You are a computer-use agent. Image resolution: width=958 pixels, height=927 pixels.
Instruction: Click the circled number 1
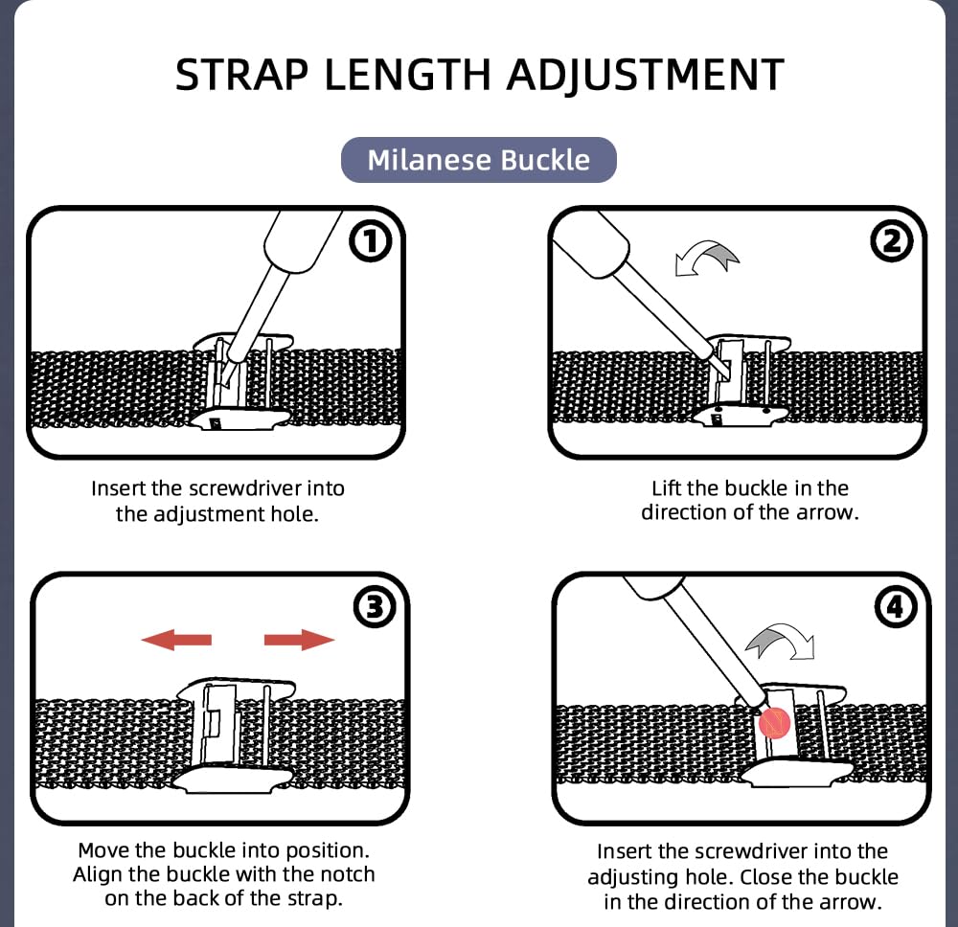pyautogui.click(x=371, y=243)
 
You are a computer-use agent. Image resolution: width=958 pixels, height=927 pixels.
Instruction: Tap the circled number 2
pyautogui.click(x=892, y=243)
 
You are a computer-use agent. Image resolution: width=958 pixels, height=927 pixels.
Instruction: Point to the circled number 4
pyautogui.click(x=896, y=606)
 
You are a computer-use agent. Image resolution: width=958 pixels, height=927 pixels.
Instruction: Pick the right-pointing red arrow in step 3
pyautogui.click(x=300, y=639)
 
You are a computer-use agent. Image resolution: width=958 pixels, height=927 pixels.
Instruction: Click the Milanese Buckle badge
pyautogui.click(x=479, y=159)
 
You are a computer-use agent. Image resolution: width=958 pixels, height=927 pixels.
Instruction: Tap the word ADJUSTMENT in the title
pyautogui.click(x=645, y=75)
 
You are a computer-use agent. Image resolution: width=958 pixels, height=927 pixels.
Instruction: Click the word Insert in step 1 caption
pyautogui.click(x=119, y=487)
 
